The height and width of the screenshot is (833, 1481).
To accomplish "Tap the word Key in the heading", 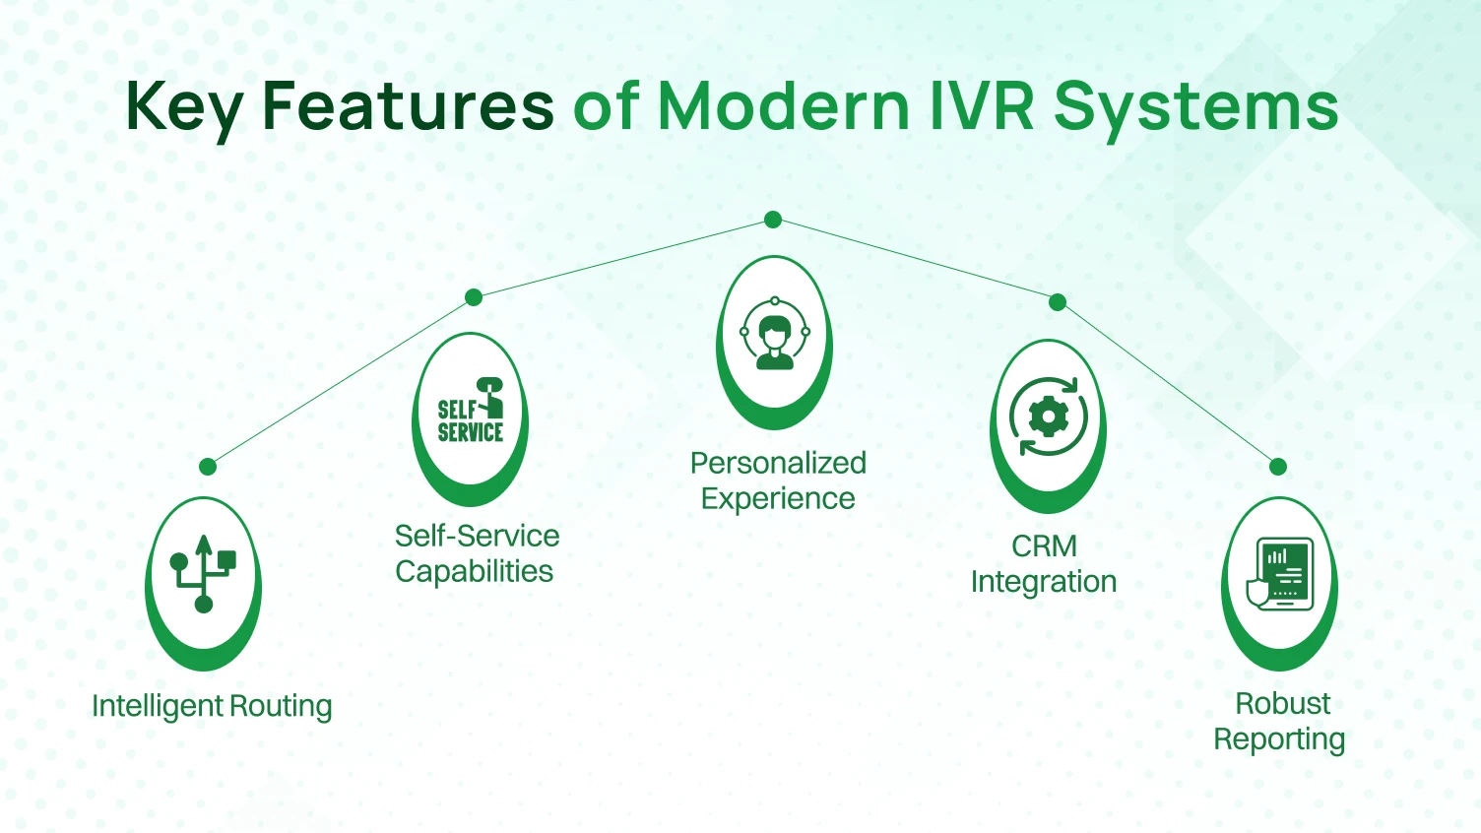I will pyautogui.click(x=184, y=107).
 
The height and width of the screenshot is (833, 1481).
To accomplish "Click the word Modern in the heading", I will pyautogui.click(x=783, y=105).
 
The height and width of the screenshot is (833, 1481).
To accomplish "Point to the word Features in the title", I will pyautogui.click(x=408, y=105).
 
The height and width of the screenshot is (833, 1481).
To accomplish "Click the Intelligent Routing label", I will pyautogui.click(x=212, y=706).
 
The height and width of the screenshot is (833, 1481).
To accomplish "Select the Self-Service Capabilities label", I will pyautogui.click(x=477, y=553).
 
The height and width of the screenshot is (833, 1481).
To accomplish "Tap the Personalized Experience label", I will pyautogui.click(x=778, y=481).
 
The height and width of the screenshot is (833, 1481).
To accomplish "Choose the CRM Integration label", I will pyautogui.click(x=1044, y=564).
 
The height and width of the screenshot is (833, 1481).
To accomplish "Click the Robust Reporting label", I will pyautogui.click(x=1280, y=722).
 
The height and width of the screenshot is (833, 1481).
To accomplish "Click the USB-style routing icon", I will pyautogui.click(x=203, y=574).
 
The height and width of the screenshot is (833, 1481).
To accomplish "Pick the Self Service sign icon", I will pyautogui.click(x=471, y=411).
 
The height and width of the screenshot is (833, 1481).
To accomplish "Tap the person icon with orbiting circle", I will pyautogui.click(x=775, y=334).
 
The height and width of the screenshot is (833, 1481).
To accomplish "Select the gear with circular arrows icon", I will pyautogui.click(x=1048, y=417).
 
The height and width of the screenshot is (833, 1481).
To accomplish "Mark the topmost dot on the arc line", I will pyautogui.click(x=773, y=220).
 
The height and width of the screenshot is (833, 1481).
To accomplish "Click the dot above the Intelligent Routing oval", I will pyautogui.click(x=208, y=467).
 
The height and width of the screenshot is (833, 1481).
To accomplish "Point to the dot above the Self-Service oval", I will pyautogui.click(x=474, y=297).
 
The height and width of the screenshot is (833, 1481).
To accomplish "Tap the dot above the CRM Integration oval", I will pyautogui.click(x=1058, y=302).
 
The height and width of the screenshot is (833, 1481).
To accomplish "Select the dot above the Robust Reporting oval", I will pyautogui.click(x=1278, y=467).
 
